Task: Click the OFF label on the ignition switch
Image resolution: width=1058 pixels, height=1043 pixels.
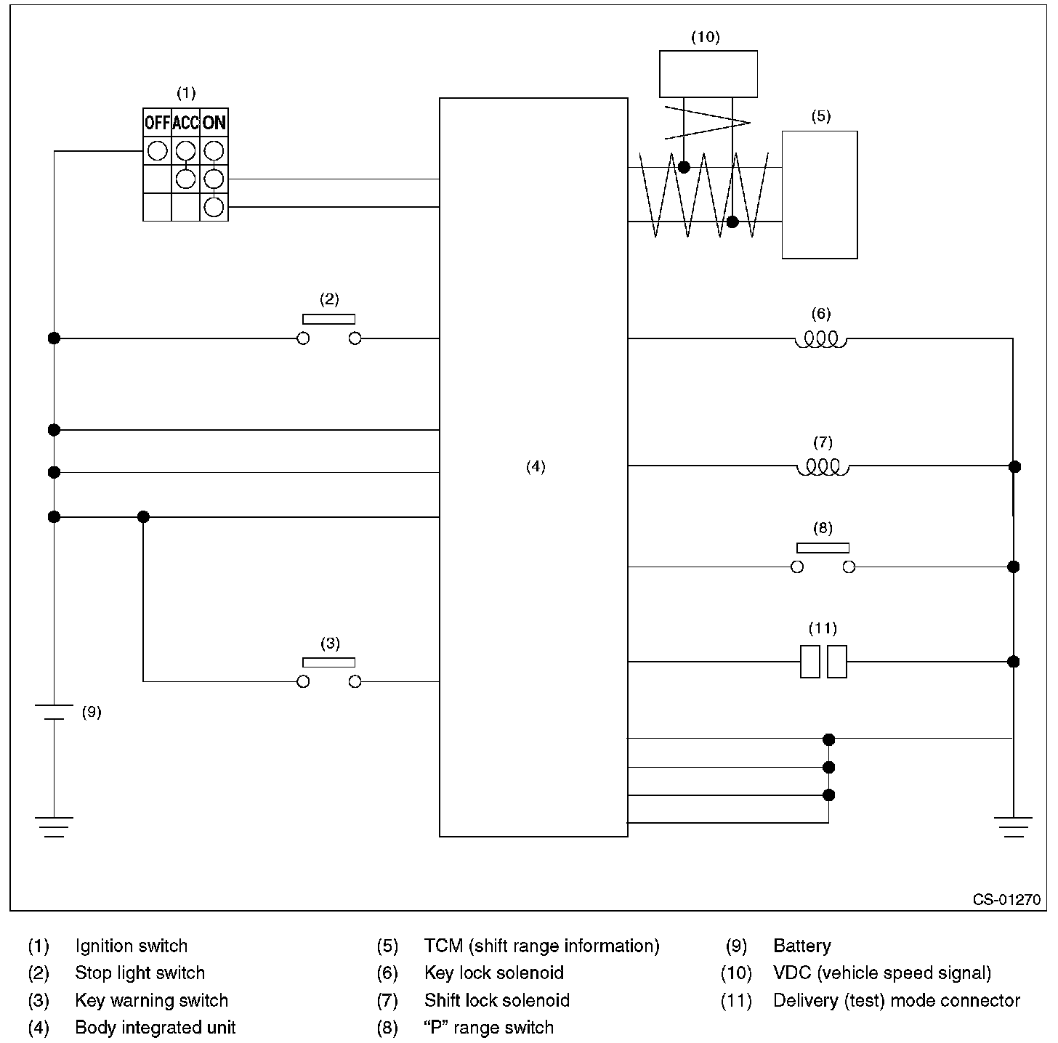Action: [x=157, y=123]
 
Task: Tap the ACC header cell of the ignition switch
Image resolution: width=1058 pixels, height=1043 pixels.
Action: [x=185, y=123]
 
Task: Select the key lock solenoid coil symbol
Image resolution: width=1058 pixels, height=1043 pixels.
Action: [x=821, y=340]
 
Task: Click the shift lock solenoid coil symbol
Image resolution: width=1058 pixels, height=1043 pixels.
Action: [x=823, y=468]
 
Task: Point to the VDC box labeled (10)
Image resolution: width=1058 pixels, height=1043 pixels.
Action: [x=708, y=74]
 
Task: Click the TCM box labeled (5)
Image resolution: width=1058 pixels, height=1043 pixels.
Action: [x=820, y=195]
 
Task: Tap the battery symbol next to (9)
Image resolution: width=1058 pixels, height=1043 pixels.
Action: [x=54, y=712]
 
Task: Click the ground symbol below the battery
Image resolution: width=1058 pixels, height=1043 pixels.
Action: [x=54, y=827]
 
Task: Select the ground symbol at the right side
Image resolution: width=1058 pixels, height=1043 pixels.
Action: [x=1013, y=827]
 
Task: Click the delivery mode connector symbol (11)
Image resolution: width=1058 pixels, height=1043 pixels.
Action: [x=823, y=662]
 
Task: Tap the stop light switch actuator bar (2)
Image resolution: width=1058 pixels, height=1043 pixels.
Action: [x=329, y=319]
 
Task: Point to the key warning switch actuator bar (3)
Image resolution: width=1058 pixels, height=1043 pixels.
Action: [x=329, y=662]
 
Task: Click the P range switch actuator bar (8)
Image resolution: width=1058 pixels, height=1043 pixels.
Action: [x=823, y=548]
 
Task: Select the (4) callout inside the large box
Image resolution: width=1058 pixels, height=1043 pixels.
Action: [x=536, y=466]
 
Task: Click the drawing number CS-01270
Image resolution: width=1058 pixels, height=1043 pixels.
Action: [x=1006, y=900]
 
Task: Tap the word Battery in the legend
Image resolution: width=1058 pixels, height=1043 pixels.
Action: [x=801, y=946]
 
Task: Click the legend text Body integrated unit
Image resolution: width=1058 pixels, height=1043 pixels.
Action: [x=156, y=1027]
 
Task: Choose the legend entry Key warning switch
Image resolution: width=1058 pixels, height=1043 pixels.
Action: [x=152, y=1000]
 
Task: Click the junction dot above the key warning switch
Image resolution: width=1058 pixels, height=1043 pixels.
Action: [x=143, y=516]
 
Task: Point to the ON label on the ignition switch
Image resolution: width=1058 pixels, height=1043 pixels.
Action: [x=214, y=123]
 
